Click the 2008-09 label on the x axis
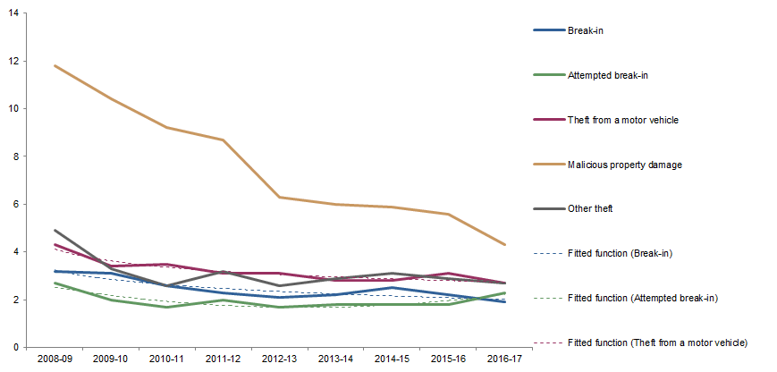(55, 358)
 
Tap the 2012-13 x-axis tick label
(280, 358)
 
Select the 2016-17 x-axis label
(504, 358)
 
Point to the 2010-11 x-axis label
(167, 358)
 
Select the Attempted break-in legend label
(608, 75)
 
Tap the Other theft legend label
(592, 208)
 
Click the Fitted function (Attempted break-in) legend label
(643, 298)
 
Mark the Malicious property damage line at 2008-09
(55, 65)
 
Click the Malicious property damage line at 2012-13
(280, 197)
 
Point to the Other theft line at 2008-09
(55, 230)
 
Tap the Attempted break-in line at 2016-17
(504, 292)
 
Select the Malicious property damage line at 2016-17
(504, 244)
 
